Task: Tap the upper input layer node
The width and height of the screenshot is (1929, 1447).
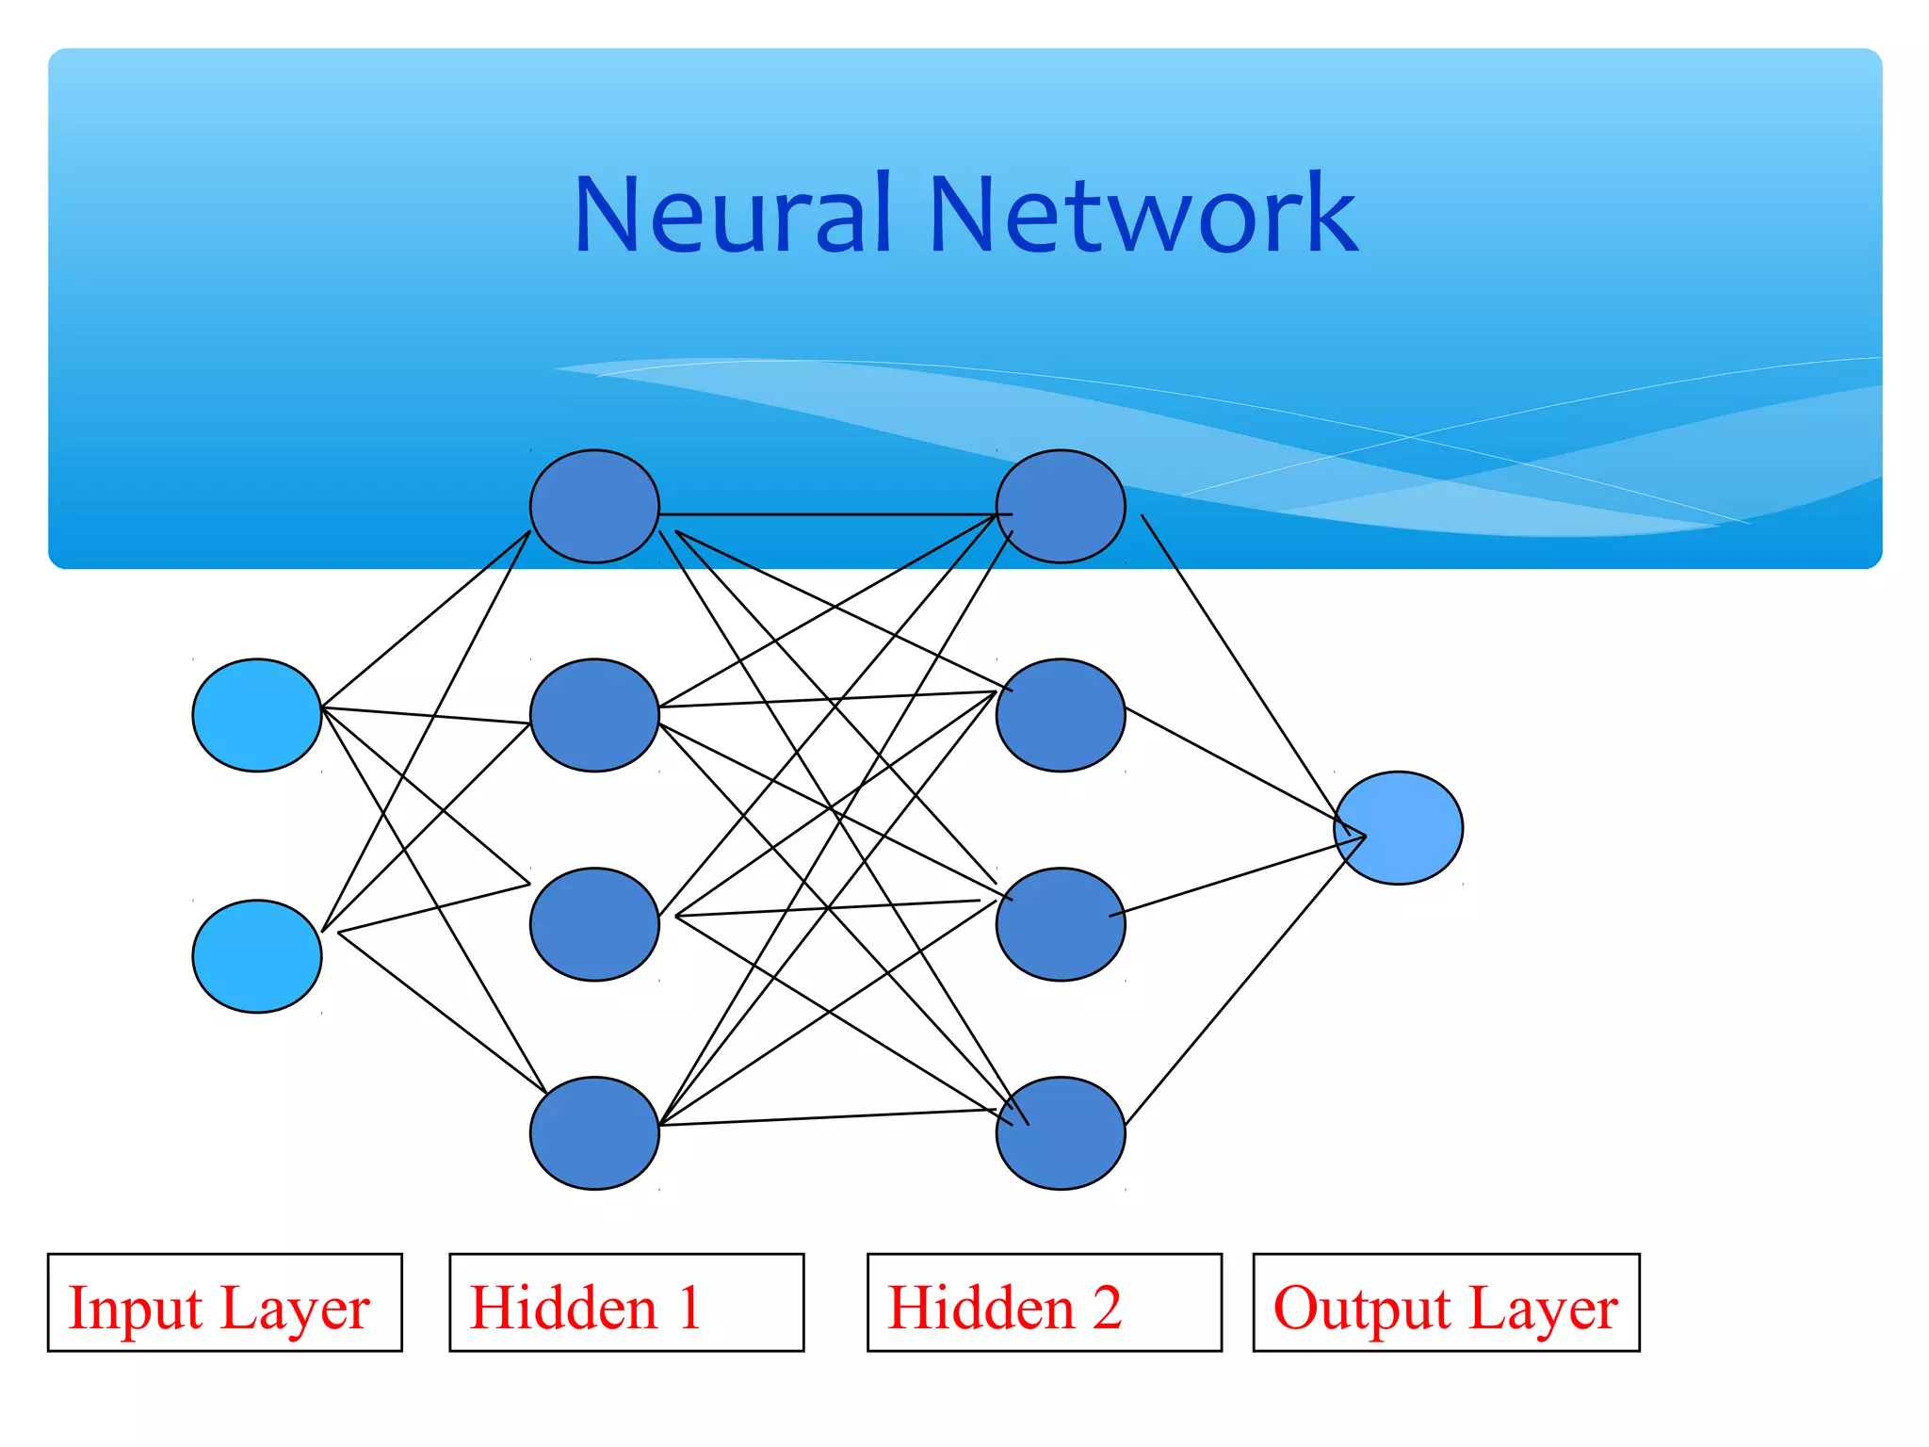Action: [257, 715]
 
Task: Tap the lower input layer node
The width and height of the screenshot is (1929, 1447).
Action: [257, 956]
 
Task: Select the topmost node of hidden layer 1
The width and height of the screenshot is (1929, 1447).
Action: [594, 506]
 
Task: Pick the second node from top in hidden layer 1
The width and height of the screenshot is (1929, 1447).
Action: [594, 715]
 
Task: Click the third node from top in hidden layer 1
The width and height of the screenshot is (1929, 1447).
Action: [594, 924]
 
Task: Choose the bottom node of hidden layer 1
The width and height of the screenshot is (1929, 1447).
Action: [594, 1133]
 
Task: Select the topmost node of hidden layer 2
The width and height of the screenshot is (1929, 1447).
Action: [1061, 506]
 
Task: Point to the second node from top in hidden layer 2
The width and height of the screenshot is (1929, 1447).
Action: [1061, 715]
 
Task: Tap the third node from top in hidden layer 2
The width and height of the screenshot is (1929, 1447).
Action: [1061, 924]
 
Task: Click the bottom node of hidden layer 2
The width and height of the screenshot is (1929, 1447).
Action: [1061, 1133]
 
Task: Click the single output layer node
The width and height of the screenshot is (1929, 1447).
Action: [1399, 828]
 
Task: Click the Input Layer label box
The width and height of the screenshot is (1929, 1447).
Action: [225, 1302]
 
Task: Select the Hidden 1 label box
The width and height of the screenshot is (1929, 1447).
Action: [626, 1302]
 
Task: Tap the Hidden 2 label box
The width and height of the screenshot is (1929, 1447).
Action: [1045, 1302]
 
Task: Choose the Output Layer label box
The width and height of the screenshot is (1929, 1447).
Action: [1446, 1302]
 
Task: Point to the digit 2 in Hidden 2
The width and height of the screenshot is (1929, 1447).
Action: [1107, 1308]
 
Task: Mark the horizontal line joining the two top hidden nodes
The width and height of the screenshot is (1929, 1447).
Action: [829, 514]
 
